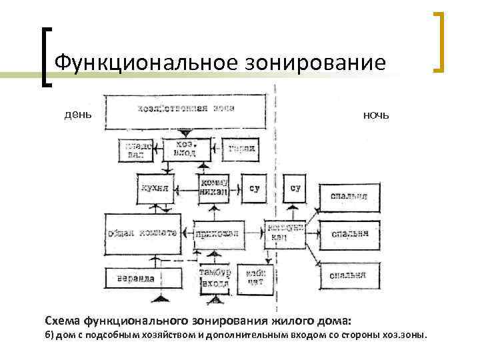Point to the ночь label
click(376, 115)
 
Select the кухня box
click(155, 187)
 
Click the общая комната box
click(143, 233)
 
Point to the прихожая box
click(214, 233)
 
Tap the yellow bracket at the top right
click(439, 41)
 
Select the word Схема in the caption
click(63, 319)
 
